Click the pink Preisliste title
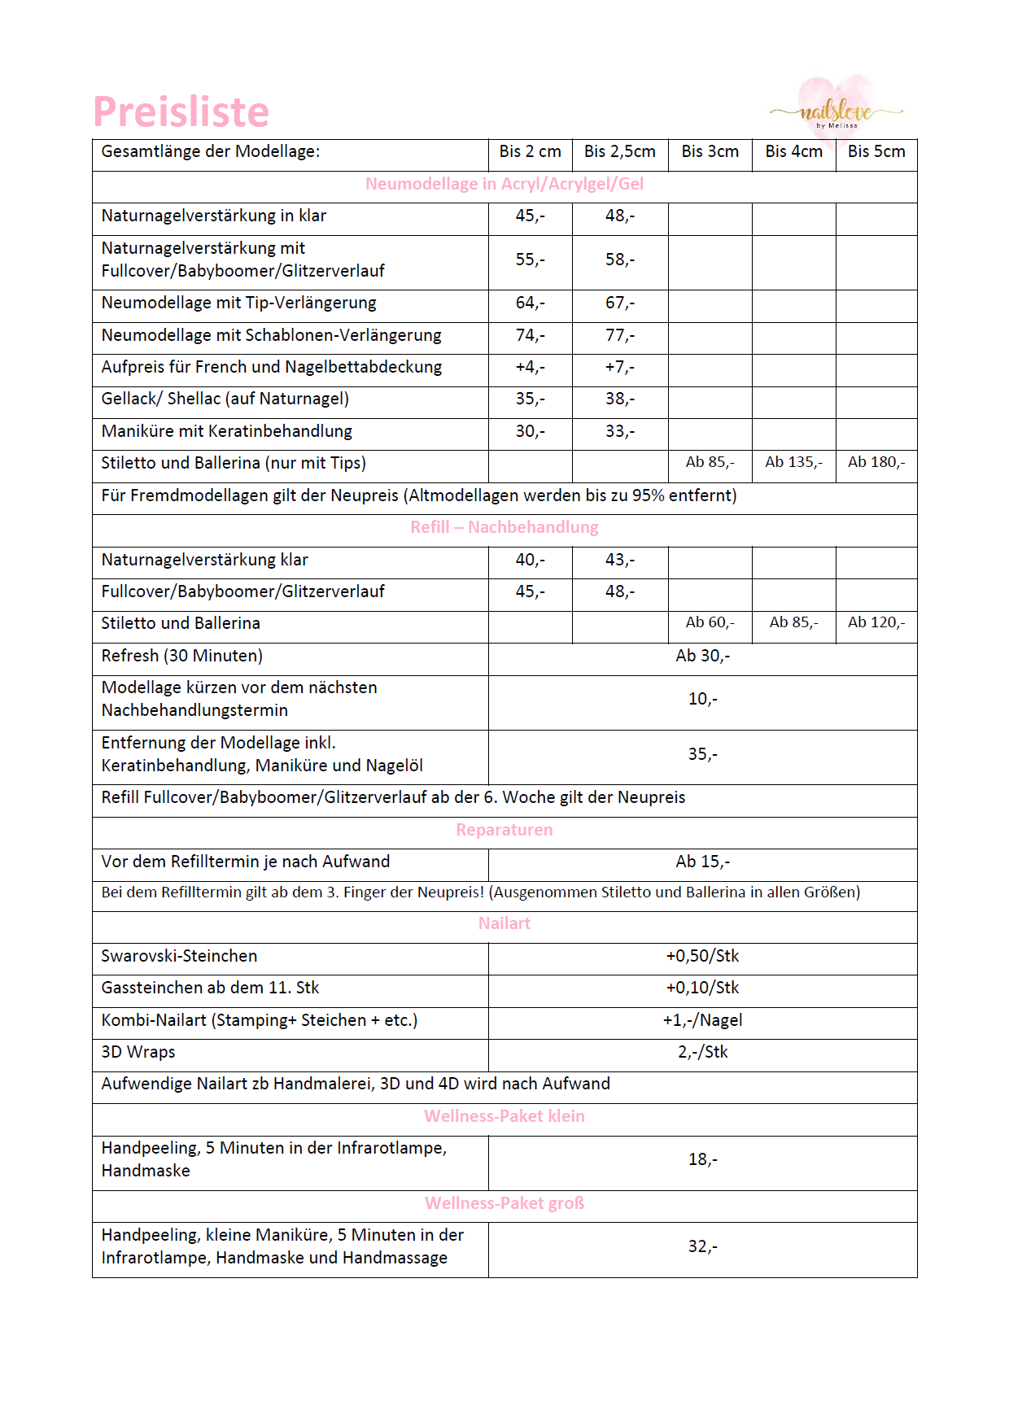[181, 112]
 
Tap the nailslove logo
[836, 111]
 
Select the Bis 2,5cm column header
[619, 152]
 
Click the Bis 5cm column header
[876, 152]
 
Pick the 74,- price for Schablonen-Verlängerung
[530, 336]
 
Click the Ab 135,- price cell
[793, 463]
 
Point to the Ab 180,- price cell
[876, 463]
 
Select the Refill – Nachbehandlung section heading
[504, 528]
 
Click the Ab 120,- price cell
[876, 623]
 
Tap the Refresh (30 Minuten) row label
[181, 657]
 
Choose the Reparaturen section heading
[504, 831]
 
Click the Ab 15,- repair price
[702, 862]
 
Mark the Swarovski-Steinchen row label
[179, 957]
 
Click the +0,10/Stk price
[702, 988]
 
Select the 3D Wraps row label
[138, 1053]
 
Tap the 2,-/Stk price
[702, 1053]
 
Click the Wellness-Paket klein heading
[504, 1117]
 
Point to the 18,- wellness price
[702, 1160]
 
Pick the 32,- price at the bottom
[702, 1247]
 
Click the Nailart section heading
[504, 924]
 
